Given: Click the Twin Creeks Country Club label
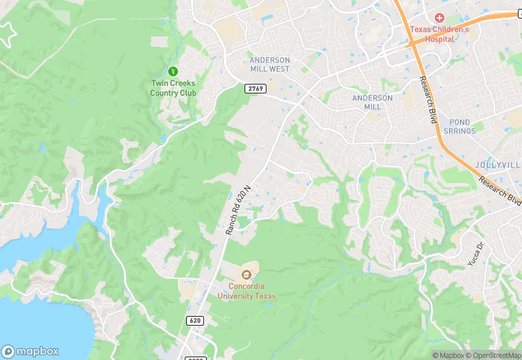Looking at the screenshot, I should tap(173, 88).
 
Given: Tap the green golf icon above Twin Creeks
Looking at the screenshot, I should tap(173, 71).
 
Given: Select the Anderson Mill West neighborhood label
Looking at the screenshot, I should tap(270, 65).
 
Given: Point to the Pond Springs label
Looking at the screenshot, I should tap(459, 126).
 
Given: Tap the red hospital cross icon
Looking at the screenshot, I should tap(440, 17).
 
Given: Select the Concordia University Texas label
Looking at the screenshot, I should tap(247, 291).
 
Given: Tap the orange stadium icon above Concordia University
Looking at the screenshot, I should tap(247, 275).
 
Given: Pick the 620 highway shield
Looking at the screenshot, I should tap(194, 321).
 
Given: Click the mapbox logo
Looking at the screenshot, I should tap(30, 350).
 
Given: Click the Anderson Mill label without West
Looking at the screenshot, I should tap(372, 102).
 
